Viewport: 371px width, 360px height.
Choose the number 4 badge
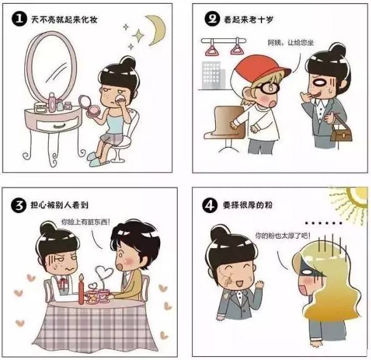click(211, 203)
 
